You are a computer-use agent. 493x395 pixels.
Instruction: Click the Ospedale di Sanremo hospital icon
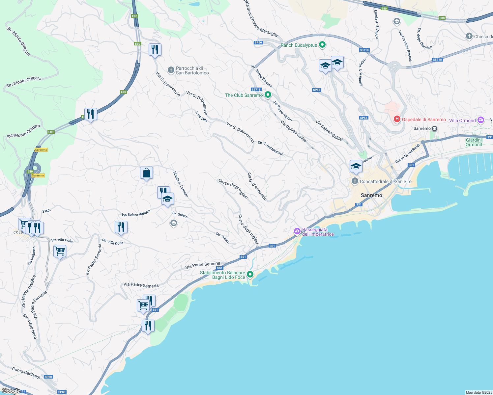point(397,119)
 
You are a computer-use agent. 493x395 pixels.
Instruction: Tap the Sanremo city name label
point(371,195)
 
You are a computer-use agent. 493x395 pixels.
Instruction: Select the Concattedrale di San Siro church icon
point(355,181)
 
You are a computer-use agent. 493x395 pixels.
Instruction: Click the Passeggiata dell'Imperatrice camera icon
point(297,231)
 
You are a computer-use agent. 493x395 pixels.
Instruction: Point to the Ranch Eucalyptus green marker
point(322,45)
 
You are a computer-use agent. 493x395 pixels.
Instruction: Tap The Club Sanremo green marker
point(268,95)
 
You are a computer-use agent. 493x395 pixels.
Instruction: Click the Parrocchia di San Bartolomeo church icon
point(171,70)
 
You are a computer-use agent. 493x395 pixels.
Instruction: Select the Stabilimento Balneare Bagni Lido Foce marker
point(250,274)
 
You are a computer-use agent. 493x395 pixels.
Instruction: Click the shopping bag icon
point(146,173)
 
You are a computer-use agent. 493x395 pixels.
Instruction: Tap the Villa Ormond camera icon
point(481,120)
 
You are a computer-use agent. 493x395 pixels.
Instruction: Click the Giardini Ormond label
point(474,142)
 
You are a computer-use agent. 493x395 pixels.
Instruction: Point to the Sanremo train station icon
point(435,128)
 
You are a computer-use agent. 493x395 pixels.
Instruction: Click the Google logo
point(11,391)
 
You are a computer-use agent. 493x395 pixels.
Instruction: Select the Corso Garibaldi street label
point(26,373)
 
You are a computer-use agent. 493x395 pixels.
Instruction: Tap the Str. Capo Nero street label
point(30,326)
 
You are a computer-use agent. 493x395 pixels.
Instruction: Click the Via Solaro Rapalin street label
point(136,213)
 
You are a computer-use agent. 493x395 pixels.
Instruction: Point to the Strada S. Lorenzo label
point(181,184)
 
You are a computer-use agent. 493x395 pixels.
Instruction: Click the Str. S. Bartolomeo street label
point(270,148)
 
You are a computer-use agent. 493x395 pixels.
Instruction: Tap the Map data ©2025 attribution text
point(478,392)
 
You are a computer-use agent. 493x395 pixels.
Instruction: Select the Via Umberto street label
point(32,256)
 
